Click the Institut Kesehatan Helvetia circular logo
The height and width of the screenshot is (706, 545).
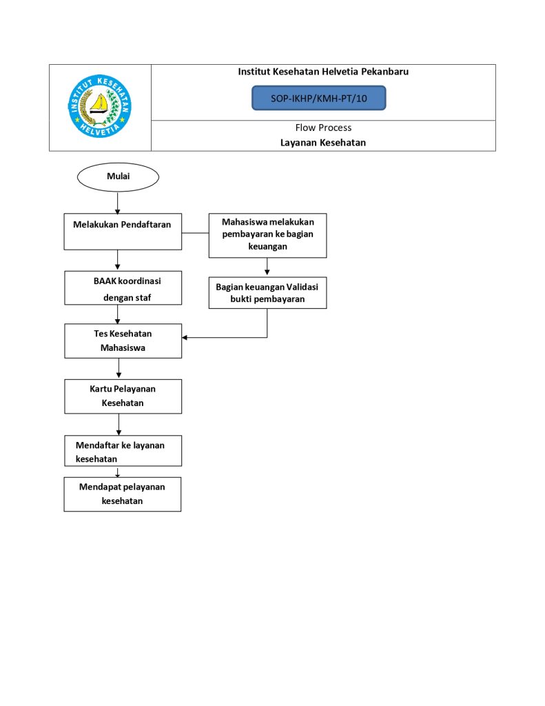click(x=100, y=106)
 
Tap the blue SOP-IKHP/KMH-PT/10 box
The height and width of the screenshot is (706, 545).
click(x=318, y=99)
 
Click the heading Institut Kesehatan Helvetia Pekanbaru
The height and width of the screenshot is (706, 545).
click(x=323, y=72)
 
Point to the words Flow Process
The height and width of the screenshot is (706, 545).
click(x=323, y=128)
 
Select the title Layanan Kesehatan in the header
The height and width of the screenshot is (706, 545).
click(x=323, y=143)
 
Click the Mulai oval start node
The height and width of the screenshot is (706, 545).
click(x=119, y=176)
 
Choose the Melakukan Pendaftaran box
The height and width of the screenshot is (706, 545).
click(x=123, y=231)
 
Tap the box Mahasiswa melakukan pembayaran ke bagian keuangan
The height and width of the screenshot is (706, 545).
click(x=268, y=235)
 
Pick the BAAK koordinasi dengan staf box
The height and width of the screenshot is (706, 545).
click(x=123, y=288)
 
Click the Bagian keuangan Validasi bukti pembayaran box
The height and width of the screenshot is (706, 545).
click(x=267, y=293)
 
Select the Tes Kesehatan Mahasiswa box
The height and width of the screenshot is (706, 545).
click(x=123, y=341)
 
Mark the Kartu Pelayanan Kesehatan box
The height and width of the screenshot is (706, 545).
click(x=123, y=396)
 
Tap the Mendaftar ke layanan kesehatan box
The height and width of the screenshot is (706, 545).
click(x=123, y=452)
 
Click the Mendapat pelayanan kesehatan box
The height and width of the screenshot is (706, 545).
click(x=123, y=494)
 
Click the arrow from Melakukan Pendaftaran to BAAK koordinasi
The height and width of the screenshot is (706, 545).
click(x=119, y=260)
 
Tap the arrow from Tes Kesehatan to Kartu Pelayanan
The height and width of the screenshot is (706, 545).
click(x=119, y=369)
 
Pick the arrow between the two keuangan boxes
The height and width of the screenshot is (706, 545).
click(x=267, y=268)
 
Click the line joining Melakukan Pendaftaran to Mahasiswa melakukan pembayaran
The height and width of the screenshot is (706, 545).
click(x=196, y=232)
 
